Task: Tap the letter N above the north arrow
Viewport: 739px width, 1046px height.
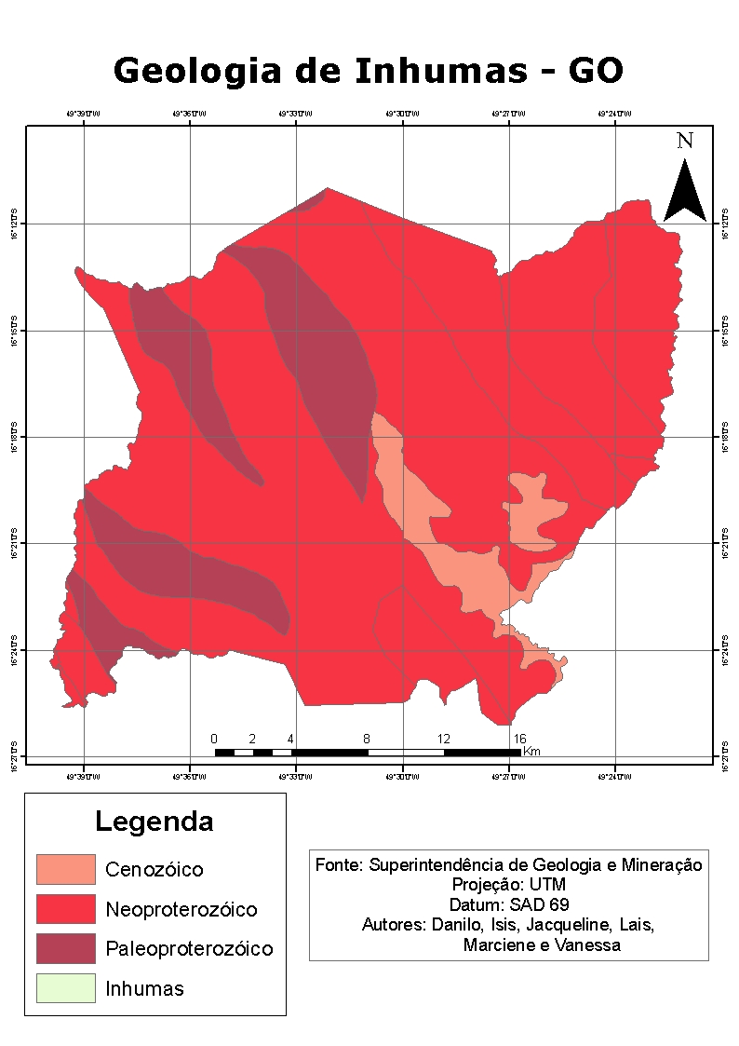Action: pos(685,141)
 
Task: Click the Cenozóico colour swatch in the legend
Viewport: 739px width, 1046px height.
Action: pos(66,869)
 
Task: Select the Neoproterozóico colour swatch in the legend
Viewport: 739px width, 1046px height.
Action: pos(66,908)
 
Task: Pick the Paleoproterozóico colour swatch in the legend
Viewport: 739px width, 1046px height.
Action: pos(66,948)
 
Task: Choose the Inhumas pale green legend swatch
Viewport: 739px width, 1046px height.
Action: pos(66,988)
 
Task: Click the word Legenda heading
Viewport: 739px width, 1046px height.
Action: pos(155,822)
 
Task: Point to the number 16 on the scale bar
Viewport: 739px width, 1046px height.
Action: pos(520,738)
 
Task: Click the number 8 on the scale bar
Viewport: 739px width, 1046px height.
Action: pos(368,738)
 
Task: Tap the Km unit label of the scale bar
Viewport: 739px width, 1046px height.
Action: pos(532,751)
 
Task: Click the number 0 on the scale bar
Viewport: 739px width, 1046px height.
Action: pos(214,738)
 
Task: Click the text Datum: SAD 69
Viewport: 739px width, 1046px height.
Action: pos(508,904)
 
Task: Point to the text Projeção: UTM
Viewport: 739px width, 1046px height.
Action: pos(508,884)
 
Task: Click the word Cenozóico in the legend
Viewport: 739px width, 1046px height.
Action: pos(155,870)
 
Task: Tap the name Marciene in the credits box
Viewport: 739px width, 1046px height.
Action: pos(499,945)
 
